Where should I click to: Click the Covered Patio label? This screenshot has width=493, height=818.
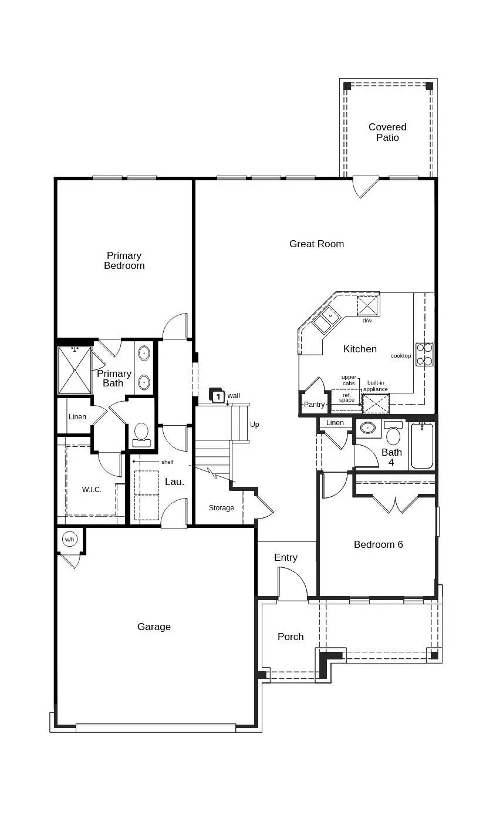[x=387, y=132]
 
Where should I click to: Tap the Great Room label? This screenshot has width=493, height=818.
[x=316, y=244]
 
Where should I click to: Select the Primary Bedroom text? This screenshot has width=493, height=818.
[x=124, y=260]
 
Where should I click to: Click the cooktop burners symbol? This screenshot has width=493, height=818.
[x=424, y=354]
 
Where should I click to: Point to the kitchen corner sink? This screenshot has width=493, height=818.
[x=325, y=321]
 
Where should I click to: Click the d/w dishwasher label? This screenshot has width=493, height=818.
[x=367, y=321]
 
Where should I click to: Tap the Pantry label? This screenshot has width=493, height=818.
[x=314, y=405]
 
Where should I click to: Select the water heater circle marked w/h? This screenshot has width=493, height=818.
[x=70, y=539]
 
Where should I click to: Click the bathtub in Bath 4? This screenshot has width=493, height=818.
[x=422, y=446]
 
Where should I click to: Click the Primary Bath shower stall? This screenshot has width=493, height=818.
[x=75, y=371]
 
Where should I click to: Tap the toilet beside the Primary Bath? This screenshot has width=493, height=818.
[x=141, y=434]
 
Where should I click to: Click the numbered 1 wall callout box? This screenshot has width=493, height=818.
[x=217, y=396]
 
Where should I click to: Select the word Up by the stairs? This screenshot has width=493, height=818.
[x=254, y=425]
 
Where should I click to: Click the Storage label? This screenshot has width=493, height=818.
[x=221, y=508]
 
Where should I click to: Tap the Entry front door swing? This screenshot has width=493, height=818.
[x=292, y=584]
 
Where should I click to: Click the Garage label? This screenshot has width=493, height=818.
[x=154, y=627]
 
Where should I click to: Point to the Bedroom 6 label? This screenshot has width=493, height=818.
[x=378, y=544]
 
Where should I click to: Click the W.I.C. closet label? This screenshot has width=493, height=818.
[x=92, y=489]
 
